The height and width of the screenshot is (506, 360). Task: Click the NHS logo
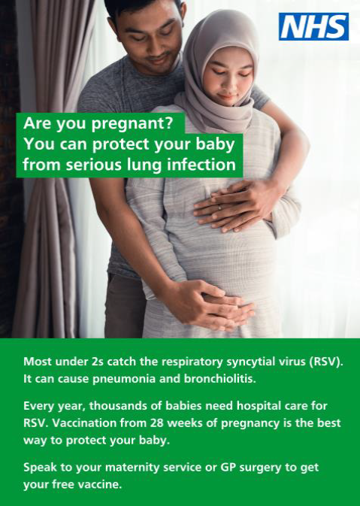[313, 26]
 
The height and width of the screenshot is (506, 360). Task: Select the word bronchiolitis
[220, 378]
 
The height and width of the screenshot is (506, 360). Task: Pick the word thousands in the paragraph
[120, 406]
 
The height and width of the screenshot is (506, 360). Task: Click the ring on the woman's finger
[220, 208]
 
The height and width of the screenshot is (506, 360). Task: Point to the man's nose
[155, 44]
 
